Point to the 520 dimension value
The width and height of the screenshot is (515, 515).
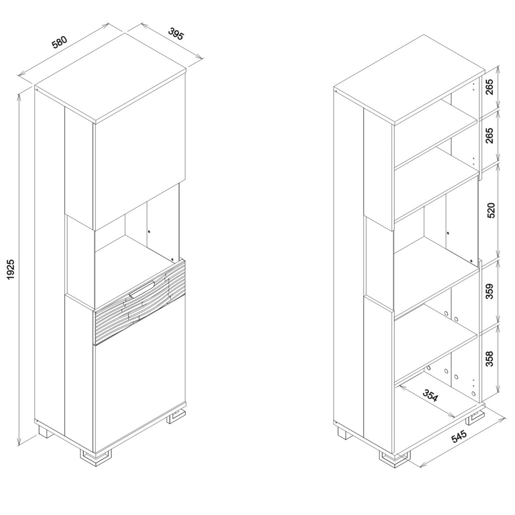(491, 210)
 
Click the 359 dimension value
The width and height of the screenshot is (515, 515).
(491, 291)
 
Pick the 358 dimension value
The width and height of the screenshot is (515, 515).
(491, 359)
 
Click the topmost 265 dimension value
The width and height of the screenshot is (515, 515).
(491, 88)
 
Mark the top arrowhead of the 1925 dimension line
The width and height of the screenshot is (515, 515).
(19, 96)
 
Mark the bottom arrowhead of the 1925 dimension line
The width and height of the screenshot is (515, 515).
(19, 445)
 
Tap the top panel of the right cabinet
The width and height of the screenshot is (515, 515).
(409, 79)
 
